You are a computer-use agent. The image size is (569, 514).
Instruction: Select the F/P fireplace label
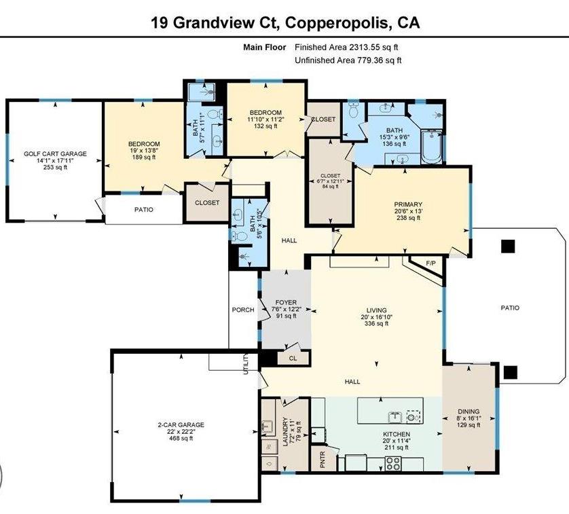[x=430, y=263]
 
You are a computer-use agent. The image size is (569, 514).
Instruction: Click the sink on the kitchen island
[x=394, y=416]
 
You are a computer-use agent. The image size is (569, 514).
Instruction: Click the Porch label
[x=243, y=310]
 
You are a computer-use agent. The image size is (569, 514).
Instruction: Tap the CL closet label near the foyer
[x=293, y=357]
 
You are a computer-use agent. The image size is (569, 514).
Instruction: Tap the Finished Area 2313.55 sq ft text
[x=346, y=48]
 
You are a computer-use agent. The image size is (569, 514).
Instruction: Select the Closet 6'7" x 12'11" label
[x=330, y=182]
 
